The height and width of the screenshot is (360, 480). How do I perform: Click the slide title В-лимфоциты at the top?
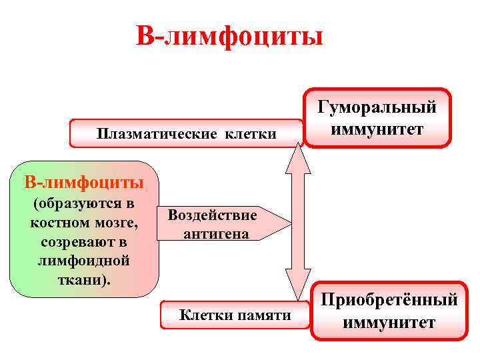pos(229,36)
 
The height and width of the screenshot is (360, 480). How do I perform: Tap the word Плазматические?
pos(156,135)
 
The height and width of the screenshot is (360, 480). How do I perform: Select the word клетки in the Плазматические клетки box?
pos(251,135)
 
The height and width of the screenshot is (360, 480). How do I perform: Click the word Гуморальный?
pos(377,107)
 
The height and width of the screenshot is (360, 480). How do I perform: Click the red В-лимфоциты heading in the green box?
pos(83,181)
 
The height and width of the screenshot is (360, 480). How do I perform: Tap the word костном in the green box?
pos(57,221)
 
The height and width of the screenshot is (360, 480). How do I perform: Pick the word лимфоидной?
pos(84,259)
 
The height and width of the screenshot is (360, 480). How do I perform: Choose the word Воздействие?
pos(212,215)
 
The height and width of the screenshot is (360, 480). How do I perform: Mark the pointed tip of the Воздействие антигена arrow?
pos(289,224)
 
